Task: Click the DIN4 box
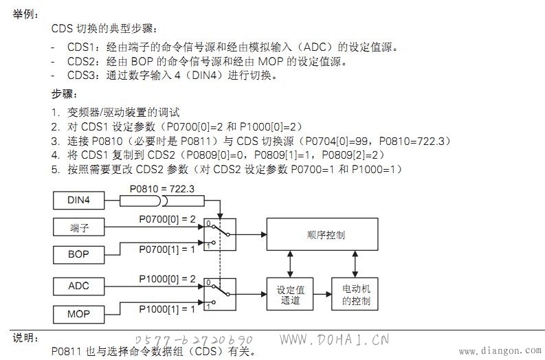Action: (78, 201)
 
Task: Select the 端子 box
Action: (78, 227)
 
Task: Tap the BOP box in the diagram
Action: (78, 255)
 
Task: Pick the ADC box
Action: (78, 286)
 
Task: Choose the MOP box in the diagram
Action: (78, 315)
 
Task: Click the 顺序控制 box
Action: (322, 234)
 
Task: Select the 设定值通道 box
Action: (290, 294)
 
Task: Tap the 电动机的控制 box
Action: (355, 294)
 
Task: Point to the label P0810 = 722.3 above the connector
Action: (162, 189)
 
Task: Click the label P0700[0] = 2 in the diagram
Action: (167, 219)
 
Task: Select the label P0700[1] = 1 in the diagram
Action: (167, 249)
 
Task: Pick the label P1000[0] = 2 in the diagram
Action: (167, 279)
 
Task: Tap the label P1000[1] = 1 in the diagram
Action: (167, 309)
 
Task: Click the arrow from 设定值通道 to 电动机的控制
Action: (322, 294)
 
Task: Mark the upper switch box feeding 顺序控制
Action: (220, 234)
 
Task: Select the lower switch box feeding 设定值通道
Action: (220, 294)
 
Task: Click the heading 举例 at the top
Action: (23, 14)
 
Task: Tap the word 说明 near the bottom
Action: (23, 338)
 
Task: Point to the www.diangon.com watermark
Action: (500, 351)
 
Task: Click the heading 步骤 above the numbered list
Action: (63, 94)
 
